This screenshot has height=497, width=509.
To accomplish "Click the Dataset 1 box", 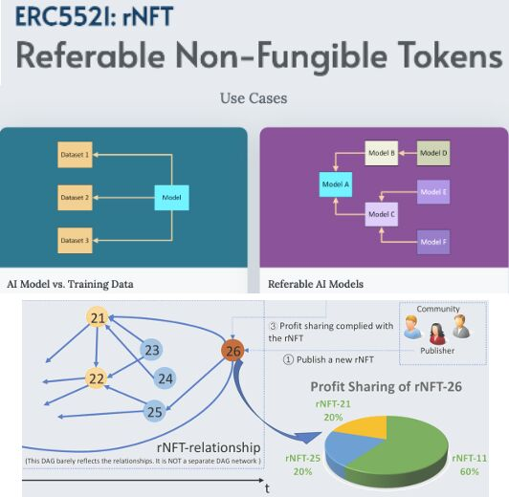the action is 75,155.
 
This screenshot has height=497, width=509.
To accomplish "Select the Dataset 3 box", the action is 75,240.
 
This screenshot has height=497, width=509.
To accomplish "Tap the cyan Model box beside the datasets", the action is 171,198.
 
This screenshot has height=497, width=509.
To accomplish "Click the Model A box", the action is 336,184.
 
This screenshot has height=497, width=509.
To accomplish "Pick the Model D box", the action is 433,153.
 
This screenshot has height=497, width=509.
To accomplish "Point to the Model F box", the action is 433,242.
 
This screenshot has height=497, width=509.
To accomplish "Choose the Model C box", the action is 382,214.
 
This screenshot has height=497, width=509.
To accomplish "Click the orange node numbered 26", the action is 233,351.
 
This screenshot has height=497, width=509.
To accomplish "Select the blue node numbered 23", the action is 151,350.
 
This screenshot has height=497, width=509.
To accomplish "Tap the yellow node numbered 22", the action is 97,378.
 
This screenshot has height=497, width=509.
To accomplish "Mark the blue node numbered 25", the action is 155,412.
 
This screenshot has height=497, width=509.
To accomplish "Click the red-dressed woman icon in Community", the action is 436,334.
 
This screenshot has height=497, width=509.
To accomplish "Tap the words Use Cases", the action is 254,98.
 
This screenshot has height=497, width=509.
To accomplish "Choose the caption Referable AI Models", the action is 316,284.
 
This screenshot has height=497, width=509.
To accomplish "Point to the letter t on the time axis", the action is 267,488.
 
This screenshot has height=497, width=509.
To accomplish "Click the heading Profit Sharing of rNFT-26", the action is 386,387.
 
